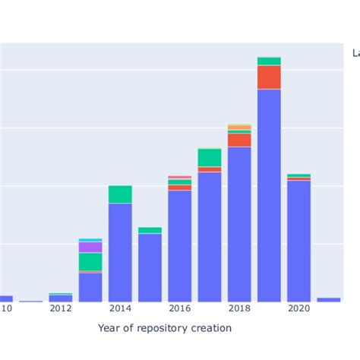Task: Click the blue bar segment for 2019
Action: tap(269, 195)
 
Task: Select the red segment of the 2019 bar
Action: tap(269, 77)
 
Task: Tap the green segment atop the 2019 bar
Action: tap(269, 61)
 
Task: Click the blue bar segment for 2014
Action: tap(120, 252)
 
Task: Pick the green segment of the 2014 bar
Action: tap(120, 194)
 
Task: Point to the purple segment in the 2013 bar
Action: tap(90, 247)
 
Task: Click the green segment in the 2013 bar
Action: tap(90, 261)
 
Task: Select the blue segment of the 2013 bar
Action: tap(90, 287)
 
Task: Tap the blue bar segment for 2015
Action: tap(150, 267)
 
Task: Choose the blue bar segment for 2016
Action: tap(179, 245)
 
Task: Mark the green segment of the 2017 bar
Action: tap(210, 157)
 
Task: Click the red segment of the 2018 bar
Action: tap(239, 140)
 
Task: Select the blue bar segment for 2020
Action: tap(298, 241)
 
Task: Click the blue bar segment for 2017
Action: tap(210, 236)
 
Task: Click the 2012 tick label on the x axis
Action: tap(60, 308)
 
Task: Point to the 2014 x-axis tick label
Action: tap(120, 308)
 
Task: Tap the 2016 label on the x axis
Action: tap(179, 308)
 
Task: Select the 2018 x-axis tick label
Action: tap(239, 308)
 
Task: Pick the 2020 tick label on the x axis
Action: tap(298, 308)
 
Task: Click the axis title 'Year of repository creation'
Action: tap(165, 328)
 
